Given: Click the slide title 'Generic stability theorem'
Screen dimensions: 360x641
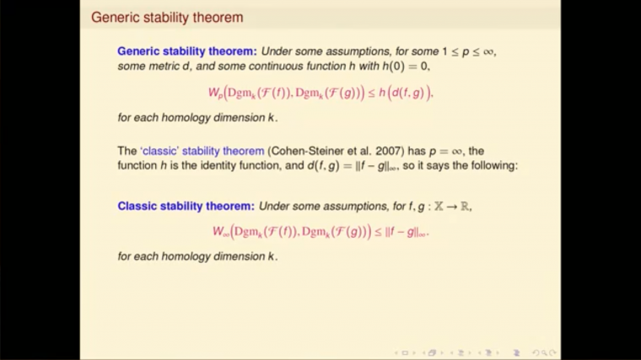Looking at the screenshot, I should [x=166, y=17].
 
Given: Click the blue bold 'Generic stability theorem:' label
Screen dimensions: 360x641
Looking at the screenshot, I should [x=186, y=51].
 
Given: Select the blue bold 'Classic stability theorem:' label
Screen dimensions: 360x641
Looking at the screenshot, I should [x=186, y=206].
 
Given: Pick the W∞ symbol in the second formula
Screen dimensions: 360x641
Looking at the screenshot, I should [x=220, y=230].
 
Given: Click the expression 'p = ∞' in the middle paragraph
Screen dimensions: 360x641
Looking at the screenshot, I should [x=442, y=151].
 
